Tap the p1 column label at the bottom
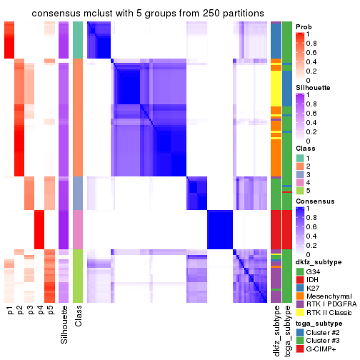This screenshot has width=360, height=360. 10,311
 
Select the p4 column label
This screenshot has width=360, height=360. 39,311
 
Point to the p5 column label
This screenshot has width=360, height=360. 49,311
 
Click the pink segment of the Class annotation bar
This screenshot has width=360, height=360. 78,229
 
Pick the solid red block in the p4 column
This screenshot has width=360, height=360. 39,229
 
